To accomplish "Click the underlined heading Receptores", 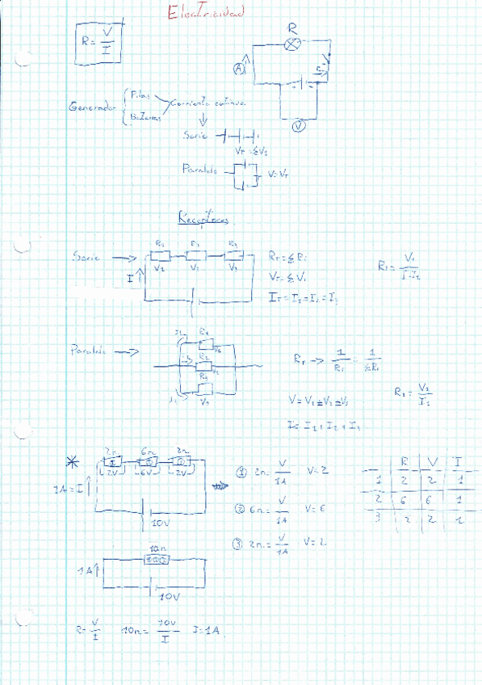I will coord(203,218).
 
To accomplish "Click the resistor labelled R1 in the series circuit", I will coord(160,256).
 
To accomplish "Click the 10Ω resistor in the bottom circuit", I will coord(156,558).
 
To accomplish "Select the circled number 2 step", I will coord(240,509).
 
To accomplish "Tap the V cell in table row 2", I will coord(430,500).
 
